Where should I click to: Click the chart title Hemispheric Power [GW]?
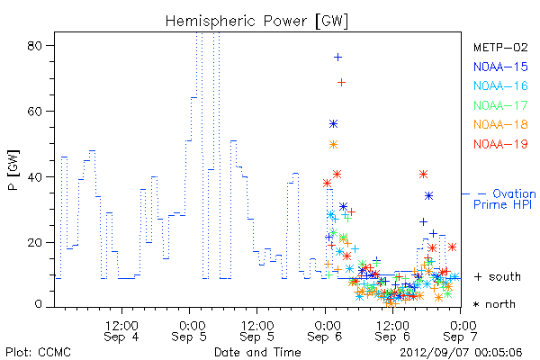256,21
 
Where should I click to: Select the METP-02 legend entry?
500,47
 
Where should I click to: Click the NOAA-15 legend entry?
500,67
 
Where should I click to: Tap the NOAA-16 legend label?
500,85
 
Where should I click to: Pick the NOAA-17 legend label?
500,105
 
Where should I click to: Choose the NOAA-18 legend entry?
500,124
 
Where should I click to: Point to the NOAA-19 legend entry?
500,144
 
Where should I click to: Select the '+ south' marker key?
498,276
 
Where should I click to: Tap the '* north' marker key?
494,304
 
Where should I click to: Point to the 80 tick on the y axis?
35,46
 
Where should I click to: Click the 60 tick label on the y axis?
35,112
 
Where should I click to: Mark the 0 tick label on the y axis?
38,304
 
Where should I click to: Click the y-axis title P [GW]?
13,170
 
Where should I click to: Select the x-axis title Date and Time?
257,352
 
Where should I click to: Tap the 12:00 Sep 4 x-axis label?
121,331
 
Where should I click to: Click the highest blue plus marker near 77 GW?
337,58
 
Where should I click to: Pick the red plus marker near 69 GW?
341,82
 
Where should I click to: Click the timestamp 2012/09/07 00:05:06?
461,353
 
